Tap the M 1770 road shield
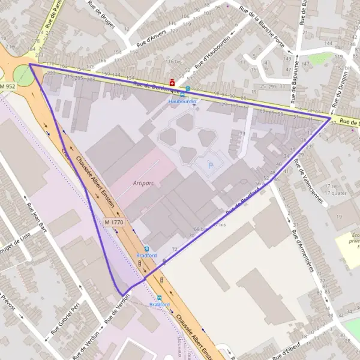113,222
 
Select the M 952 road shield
7,87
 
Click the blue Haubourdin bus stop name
182,101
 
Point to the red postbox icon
172,81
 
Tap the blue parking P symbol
210,164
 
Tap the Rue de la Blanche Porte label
262,26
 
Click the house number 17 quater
336,193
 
